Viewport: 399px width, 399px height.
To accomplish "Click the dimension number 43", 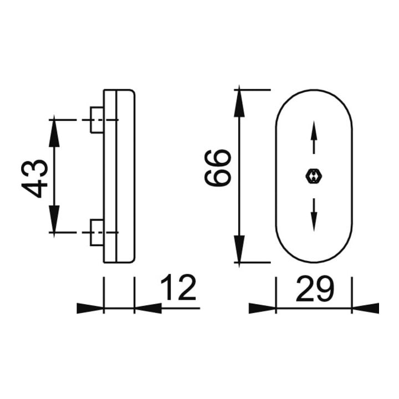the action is point(34,178).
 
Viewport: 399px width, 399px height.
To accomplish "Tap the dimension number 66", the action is point(218,168).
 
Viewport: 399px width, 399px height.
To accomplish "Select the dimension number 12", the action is point(178,287).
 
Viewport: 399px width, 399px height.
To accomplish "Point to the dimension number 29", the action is point(314,289).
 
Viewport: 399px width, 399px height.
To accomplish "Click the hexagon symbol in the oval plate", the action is point(314,176).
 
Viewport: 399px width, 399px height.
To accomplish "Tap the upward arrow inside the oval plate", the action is point(314,137).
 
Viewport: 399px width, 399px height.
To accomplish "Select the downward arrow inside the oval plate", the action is point(314,215).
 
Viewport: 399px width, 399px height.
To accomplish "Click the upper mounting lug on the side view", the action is point(97,120).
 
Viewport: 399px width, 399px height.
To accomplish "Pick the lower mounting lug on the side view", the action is point(97,233).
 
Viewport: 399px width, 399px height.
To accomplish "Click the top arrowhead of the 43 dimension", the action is point(54,133).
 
